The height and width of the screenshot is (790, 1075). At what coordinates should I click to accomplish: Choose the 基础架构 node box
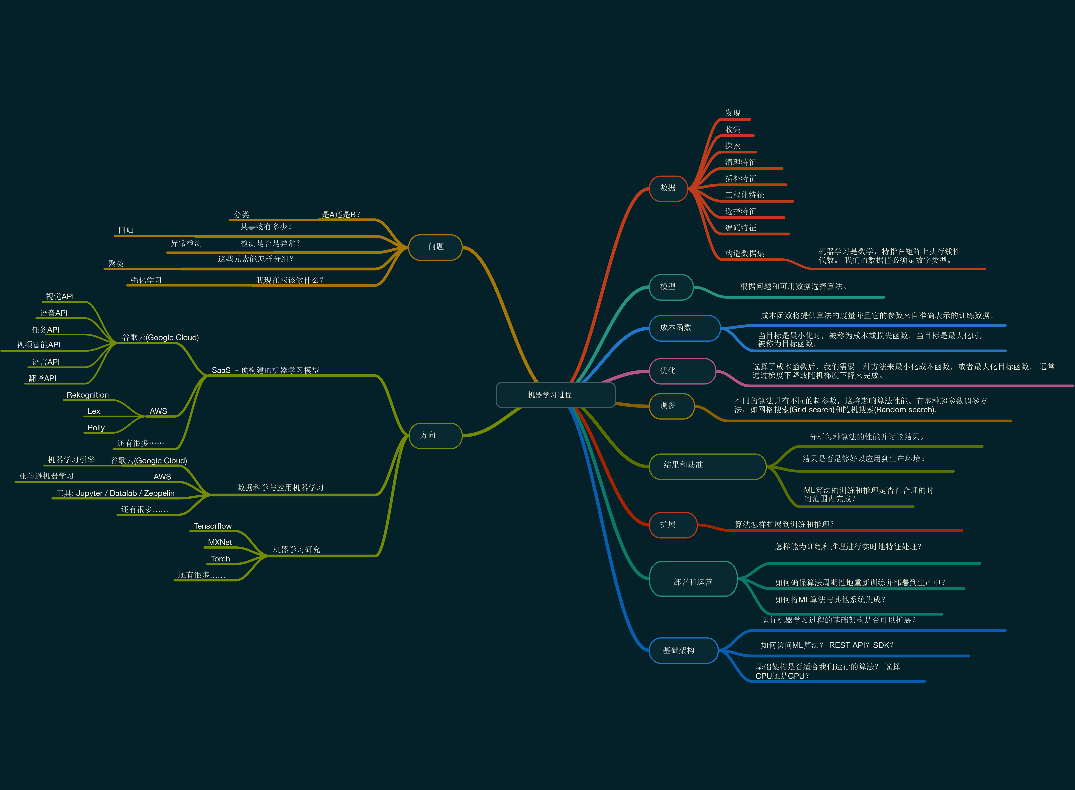click(683, 650)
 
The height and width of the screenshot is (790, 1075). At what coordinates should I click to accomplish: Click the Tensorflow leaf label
click(212, 526)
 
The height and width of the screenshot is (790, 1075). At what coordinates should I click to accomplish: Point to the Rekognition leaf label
click(88, 395)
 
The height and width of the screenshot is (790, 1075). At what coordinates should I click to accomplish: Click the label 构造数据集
click(744, 254)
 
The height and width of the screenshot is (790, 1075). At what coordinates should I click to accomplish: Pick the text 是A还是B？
click(341, 215)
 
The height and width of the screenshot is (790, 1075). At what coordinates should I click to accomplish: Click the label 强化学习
click(146, 280)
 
